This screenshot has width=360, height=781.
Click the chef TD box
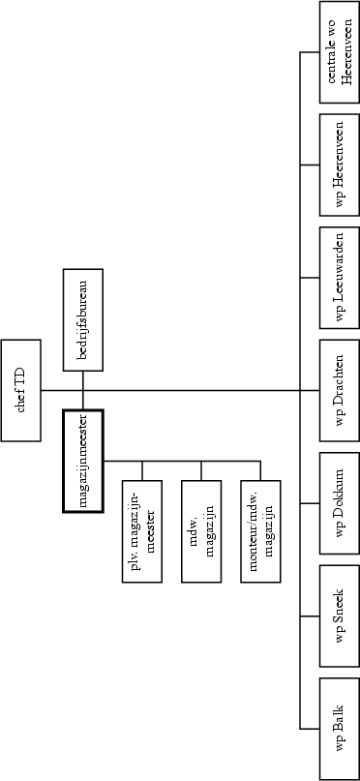coord(20,390)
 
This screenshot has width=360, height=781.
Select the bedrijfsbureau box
coord(82,320)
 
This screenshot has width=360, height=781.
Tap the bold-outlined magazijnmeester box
coord(82,461)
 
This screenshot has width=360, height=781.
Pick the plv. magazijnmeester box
coord(142,530)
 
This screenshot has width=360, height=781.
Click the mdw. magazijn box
coord(202,530)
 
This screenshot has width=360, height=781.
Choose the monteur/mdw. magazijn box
coord(262,530)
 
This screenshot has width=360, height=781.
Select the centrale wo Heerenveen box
coord(339,52)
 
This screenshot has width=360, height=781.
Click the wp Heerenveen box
coord(339,165)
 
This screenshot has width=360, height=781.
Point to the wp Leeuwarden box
coord(339,278)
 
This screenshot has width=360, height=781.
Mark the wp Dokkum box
coord(339,503)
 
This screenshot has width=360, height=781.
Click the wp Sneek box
coord(339,616)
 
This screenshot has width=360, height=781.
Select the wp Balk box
coord(339,728)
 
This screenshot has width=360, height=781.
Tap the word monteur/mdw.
coord(255,530)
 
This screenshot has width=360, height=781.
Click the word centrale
coord(331,52)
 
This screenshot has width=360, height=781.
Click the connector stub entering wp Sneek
coord(311,616)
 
